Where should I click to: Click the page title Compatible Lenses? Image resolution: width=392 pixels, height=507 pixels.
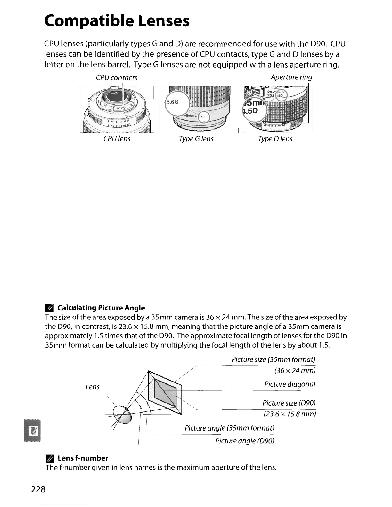tap(117, 21)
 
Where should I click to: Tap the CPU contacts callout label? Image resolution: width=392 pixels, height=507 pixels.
tap(117, 78)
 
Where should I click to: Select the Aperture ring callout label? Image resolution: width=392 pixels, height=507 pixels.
tap(291, 77)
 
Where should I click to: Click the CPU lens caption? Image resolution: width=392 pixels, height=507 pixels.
tap(117, 139)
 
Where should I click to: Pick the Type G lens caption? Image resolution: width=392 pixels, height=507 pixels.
tap(196, 139)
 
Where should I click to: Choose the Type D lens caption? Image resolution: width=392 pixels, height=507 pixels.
tap(275, 139)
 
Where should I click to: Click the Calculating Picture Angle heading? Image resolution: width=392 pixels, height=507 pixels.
tap(101, 308)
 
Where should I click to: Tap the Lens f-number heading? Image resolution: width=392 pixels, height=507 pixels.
tap(83, 458)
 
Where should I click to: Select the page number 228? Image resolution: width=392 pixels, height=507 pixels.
tap(38, 489)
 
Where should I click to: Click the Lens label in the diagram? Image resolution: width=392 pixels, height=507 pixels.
tap(93, 387)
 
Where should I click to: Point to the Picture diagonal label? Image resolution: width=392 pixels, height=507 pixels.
tap(290, 384)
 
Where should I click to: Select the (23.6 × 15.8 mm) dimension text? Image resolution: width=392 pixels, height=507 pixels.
tap(290, 414)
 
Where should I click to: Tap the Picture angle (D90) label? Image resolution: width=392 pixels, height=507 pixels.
tap(245, 441)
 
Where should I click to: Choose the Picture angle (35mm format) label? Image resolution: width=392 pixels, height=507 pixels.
tap(229, 428)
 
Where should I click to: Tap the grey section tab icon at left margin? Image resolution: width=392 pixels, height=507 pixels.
tap(33, 430)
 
